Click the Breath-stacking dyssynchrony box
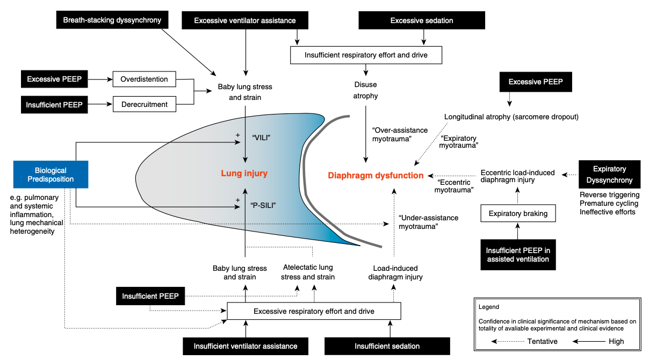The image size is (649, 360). click(x=112, y=20)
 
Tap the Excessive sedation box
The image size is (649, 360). click(x=422, y=20)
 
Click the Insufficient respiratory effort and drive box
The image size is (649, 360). click(x=366, y=55)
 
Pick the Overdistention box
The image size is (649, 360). click(x=144, y=80)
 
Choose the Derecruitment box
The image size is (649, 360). click(x=144, y=104)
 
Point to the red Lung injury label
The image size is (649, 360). click(x=244, y=174)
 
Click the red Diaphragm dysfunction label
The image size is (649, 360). click(x=376, y=175)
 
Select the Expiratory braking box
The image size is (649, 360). click(x=517, y=213)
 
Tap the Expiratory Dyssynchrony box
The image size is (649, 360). click(x=610, y=175)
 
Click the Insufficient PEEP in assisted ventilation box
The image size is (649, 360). click(x=518, y=255)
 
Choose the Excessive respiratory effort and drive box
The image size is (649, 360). click(x=314, y=311)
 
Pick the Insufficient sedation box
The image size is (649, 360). click(x=387, y=346)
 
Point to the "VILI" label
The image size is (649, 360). click(x=261, y=138)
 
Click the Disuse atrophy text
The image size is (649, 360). click(x=366, y=90)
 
